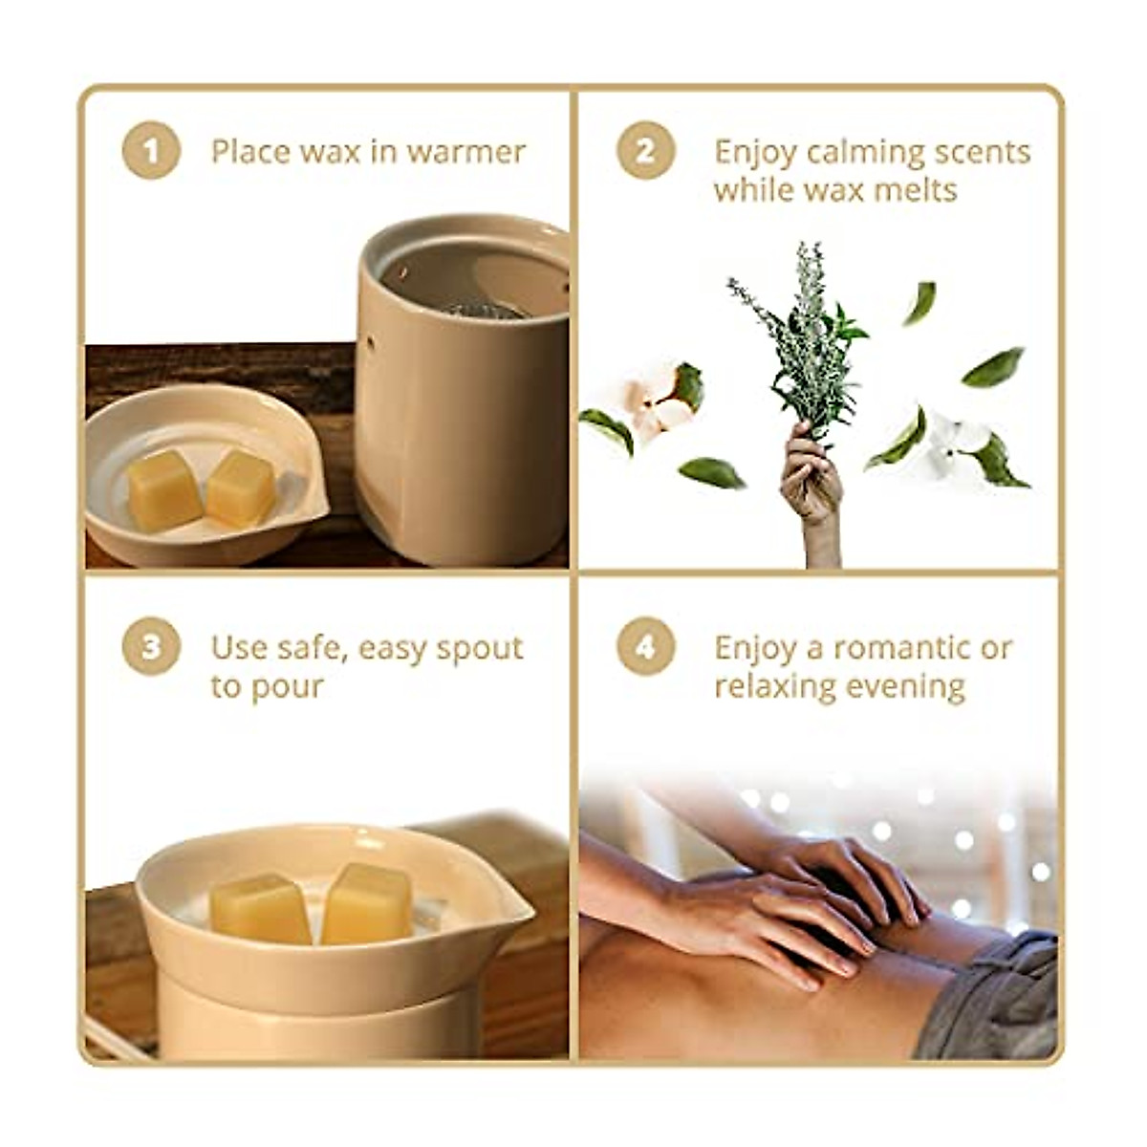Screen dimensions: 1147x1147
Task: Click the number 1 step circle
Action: (151, 151)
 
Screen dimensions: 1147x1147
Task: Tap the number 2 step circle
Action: (646, 151)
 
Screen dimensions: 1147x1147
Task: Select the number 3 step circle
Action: (151, 647)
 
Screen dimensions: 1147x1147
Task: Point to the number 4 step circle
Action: (646, 647)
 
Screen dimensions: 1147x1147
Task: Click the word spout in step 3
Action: (479, 649)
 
